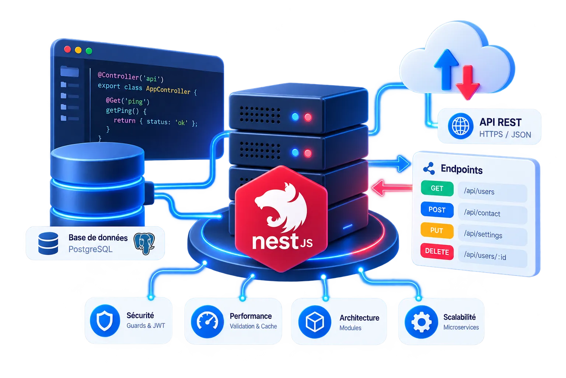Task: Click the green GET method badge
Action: [x=437, y=189]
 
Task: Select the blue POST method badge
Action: [x=437, y=210]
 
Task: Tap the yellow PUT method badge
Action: [x=437, y=231]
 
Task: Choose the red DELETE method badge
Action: [x=437, y=252]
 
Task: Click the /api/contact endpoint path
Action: [x=482, y=213]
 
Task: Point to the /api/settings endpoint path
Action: [x=483, y=234]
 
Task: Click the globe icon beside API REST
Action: [x=461, y=126]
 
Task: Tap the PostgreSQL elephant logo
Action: [x=144, y=243]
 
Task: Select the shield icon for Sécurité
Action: [x=105, y=320]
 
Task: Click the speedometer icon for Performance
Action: [x=207, y=322]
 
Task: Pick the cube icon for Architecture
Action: [x=315, y=322]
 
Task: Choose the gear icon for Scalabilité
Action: [x=421, y=322]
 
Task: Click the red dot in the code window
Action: [x=67, y=49]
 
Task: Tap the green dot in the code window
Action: [x=89, y=51]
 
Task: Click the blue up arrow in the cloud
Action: [x=446, y=69]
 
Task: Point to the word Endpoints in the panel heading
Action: [x=462, y=170]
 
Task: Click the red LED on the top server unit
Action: [x=308, y=117]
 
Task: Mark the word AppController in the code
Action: [x=168, y=89]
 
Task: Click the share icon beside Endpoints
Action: [x=429, y=168]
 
